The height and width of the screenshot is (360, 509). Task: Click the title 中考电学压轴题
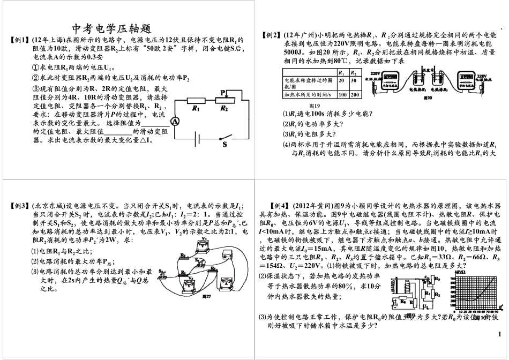(114, 28)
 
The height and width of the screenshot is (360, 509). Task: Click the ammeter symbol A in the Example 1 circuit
(175, 122)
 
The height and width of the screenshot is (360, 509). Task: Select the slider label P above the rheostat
(222, 91)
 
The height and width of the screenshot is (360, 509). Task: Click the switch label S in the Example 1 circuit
(224, 144)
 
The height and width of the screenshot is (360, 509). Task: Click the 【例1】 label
(20, 40)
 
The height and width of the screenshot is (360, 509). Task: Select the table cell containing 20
(340, 80)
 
